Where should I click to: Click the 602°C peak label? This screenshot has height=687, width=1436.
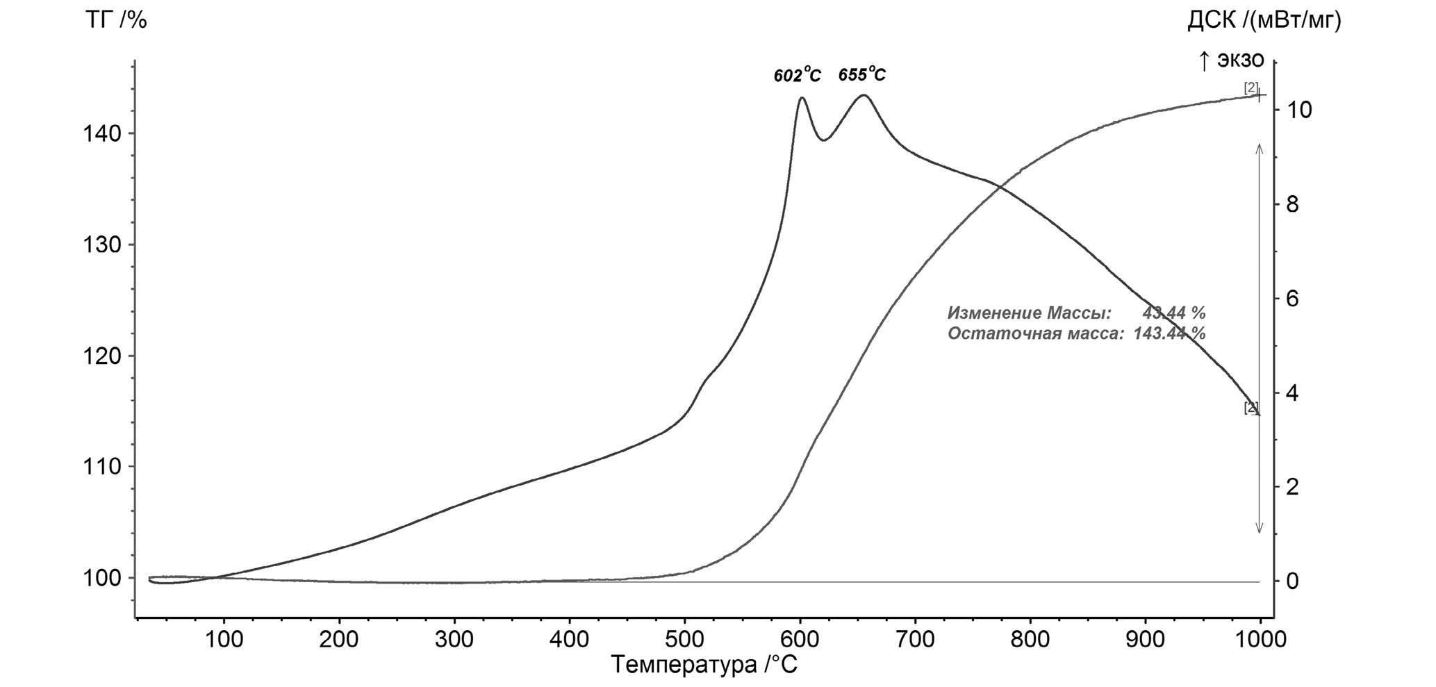[797, 76]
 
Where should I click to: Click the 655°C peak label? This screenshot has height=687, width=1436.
[861, 75]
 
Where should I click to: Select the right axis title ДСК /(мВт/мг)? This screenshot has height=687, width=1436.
[1264, 22]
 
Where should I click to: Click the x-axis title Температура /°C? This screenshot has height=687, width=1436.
[704, 665]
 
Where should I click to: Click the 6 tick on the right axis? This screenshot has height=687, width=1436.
[1292, 299]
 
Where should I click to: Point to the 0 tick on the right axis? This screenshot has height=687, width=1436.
[1292, 581]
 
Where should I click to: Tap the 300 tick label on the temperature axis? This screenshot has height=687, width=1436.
[454, 639]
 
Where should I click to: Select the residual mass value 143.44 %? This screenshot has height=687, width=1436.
[1169, 333]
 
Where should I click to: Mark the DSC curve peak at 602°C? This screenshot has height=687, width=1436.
[802, 98]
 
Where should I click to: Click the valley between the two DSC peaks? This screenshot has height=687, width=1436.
[823, 140]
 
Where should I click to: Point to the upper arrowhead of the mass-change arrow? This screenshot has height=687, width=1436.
[1260, 147]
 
